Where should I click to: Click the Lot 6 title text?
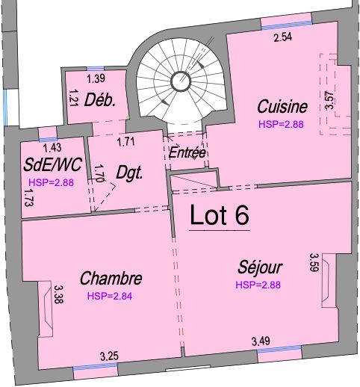coord(220,215)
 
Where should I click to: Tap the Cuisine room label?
coord(282,106)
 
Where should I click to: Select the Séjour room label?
coord(260,267)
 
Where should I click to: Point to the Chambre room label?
coord(111,278)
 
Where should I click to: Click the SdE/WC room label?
coord(52,164)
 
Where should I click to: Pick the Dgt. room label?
coord(130,173)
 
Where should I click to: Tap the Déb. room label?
coord(100,100)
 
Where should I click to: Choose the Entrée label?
coord(187,152)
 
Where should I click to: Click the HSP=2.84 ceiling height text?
coord(110,296)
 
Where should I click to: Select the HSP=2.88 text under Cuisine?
coord(281,124)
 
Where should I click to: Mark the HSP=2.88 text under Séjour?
coord(258,285)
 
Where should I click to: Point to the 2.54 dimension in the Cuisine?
coord(283,37)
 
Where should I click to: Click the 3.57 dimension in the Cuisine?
coord(329,100)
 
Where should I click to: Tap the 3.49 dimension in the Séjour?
coord(261,341)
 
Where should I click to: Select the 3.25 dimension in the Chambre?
coord(109,356)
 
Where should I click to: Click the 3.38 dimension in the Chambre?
coord(59,294)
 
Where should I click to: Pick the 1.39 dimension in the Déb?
coord(96,78)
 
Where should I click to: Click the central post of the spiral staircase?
coord(181,81)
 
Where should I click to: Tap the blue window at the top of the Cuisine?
coord(287,25)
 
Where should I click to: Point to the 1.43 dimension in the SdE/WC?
coord(52,148)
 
